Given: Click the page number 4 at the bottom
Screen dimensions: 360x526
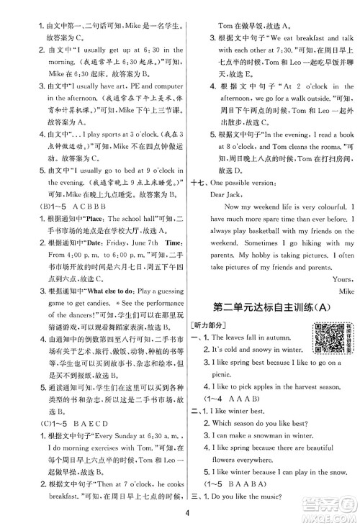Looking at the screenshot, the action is [x=186, y=512].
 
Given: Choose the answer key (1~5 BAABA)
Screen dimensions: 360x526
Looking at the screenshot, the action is [x=240, y=486].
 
